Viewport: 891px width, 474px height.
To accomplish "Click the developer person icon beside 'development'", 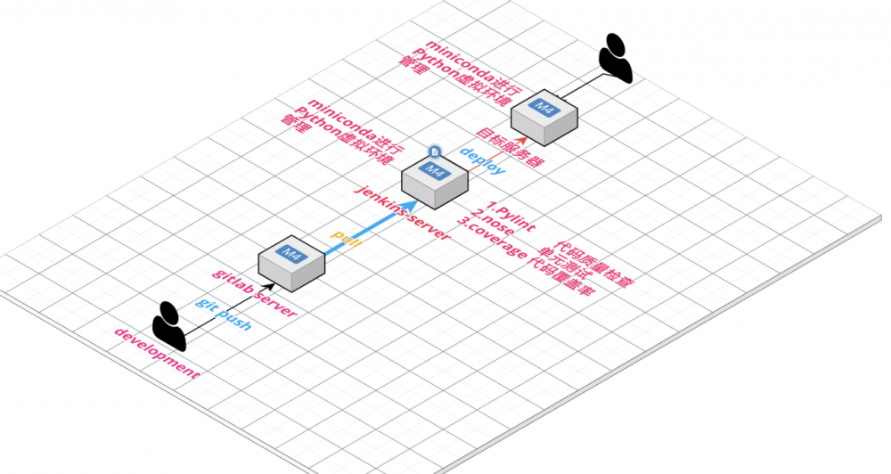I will pyautogui.click(x=168, y=325).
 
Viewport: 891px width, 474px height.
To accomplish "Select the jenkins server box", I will pyautogui.click(x=435, y=179).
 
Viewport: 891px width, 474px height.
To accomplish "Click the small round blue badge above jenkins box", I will pyautogui.click(x=433, y=152).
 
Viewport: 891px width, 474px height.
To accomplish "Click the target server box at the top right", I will pyautogui.click(x=544, y=115).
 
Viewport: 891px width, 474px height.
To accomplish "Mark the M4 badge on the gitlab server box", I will pyautogui.click(x=290, y=253).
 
